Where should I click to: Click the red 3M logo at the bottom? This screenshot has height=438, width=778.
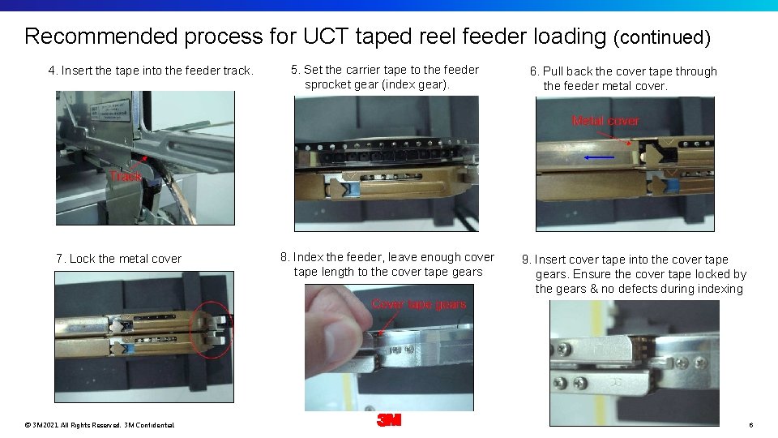[389, 420]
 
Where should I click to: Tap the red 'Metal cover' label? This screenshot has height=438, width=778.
[605, 121]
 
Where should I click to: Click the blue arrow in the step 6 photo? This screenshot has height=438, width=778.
[599, 157]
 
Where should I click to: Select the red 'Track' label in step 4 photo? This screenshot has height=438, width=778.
[126, 176]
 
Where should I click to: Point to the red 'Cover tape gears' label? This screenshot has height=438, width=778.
[419, 304]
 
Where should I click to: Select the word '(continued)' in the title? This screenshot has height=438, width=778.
[662, 37]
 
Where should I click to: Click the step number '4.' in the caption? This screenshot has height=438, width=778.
[53, 71]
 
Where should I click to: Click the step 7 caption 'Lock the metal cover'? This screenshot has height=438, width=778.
[125, 259]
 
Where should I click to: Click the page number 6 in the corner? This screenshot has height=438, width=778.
[751, 425]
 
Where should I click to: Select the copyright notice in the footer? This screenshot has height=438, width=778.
[99, 425]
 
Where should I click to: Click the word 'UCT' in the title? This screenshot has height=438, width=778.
[326, 36]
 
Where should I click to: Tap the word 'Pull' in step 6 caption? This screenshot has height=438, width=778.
[554, 71]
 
